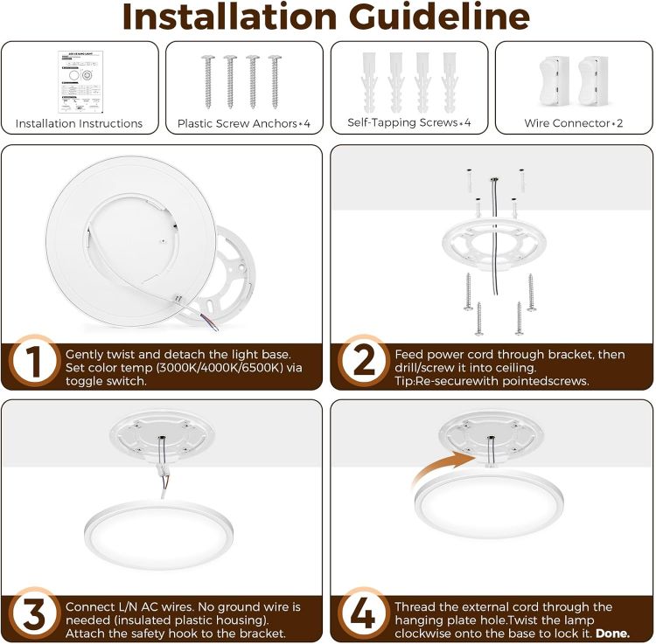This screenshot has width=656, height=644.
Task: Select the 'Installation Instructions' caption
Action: click(79, 123)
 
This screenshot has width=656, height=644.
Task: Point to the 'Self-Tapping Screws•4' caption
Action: click(409, 123)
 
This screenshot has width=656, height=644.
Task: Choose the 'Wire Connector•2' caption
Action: click(574, 123)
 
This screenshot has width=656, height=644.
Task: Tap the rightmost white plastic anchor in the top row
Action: click(450, 78)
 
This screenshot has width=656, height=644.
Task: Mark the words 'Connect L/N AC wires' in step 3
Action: click(125, 606)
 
